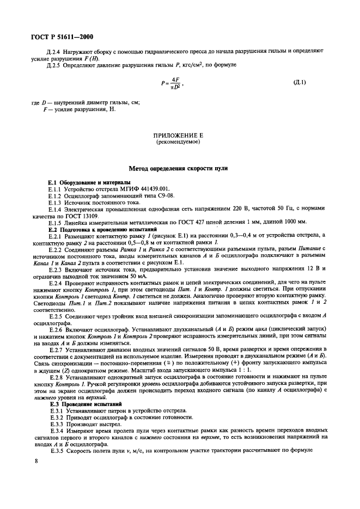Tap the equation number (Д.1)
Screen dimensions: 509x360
coord(300,83)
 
